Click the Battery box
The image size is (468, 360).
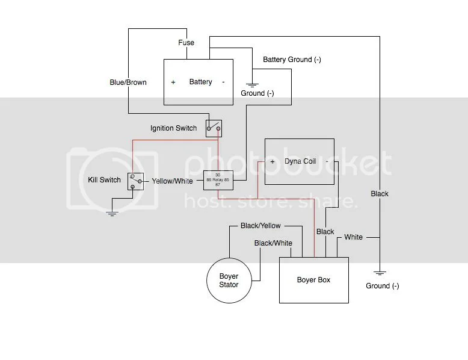pos(199,82)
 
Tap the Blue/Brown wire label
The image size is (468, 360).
pos(128,82)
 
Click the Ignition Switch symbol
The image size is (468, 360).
pos(214,128)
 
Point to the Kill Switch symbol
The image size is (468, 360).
pos(135,180)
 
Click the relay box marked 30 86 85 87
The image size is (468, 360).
pos(217,180)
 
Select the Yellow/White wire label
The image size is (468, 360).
pos(172,180)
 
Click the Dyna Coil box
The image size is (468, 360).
pos(300,162)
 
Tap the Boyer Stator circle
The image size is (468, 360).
pos(229,281)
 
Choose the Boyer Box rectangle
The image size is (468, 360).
pos(313,280)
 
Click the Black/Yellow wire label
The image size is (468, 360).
pos(260,226)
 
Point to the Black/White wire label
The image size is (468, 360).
pos(273,243)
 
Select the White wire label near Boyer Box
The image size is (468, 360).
pos(353,237)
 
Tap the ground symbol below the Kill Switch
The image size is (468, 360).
pos(111,213)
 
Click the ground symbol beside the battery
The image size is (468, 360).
pos(251,84)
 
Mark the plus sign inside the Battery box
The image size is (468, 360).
pos(173,82)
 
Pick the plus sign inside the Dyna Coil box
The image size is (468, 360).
pos(272,162)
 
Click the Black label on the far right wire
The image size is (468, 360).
pos(380,194)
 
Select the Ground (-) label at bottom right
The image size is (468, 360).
pos(382,286)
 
